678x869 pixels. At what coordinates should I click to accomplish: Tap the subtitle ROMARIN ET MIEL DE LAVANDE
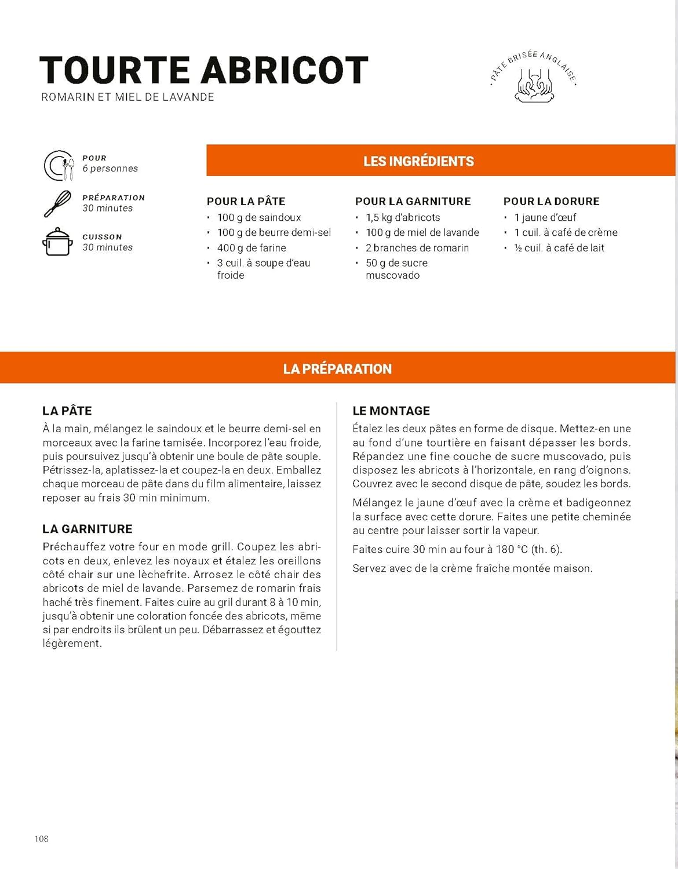tap(127, 97)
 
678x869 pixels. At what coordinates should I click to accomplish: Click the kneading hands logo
tap(534, 85)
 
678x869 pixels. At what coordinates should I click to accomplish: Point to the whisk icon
tap(58, 204)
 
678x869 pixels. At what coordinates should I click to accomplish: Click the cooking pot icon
tap(58, 242)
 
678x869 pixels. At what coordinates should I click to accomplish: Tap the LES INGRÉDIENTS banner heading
tap(418, 161)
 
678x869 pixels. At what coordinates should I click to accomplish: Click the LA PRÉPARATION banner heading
tap(337, 368)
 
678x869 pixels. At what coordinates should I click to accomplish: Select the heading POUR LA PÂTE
tap(246, 202)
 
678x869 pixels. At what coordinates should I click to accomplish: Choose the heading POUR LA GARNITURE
tap(413, 202)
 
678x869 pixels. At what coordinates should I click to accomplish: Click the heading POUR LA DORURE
tap(551, 202)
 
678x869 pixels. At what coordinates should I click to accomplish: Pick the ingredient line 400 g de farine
tap(251, 248)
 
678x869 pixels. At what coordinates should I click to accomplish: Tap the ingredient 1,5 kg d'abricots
tap(403, 218)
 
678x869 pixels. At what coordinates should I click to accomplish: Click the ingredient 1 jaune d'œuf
tap(545, 218)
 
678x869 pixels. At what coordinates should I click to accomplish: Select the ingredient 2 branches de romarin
tap(417, 248)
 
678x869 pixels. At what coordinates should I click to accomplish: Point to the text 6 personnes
tap(110, 169)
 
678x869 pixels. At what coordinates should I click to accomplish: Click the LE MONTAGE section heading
tap(391, 411)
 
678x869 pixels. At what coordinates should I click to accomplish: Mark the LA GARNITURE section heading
tap(88, 529)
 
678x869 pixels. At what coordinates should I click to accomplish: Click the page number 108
tap(42, 839)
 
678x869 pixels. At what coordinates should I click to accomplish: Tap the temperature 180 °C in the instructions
tap(512, 549)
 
